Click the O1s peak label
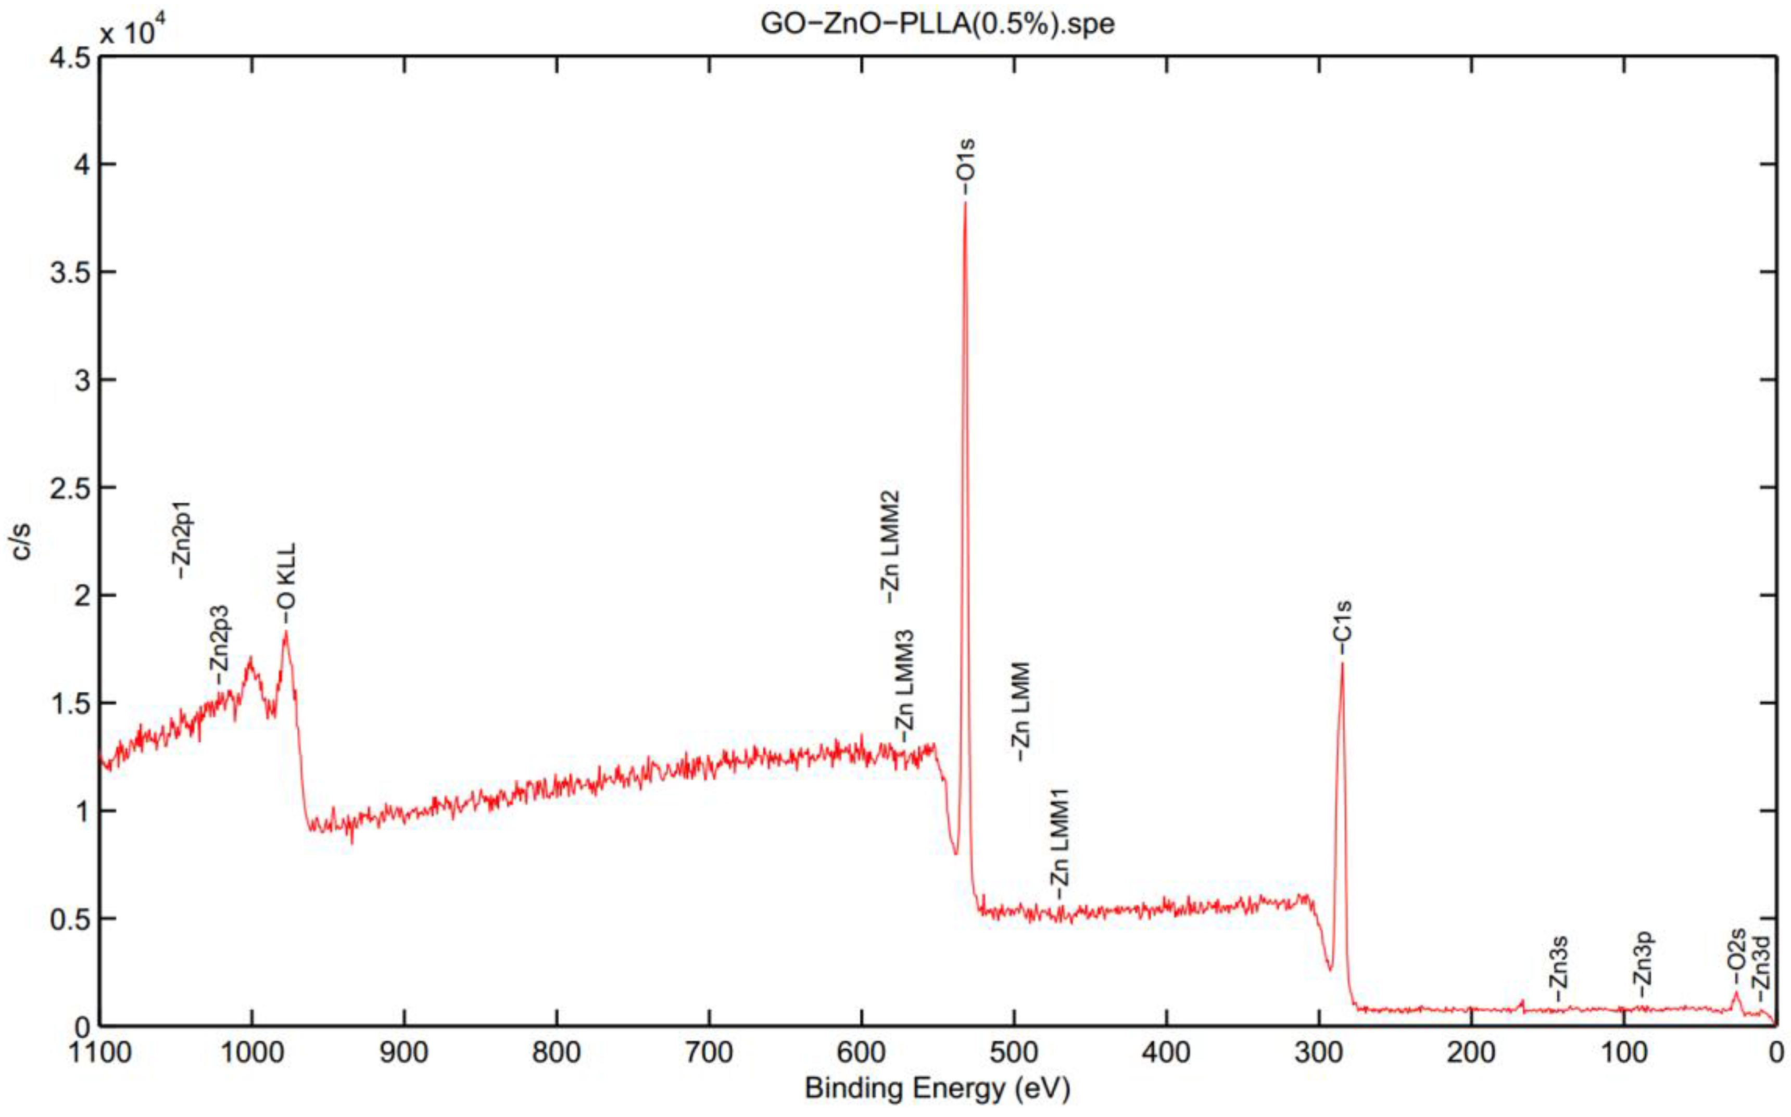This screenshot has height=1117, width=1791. click(965, 166)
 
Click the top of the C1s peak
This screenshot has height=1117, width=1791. click(1343, 664)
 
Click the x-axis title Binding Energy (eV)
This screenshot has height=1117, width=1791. click(937, 1088)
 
